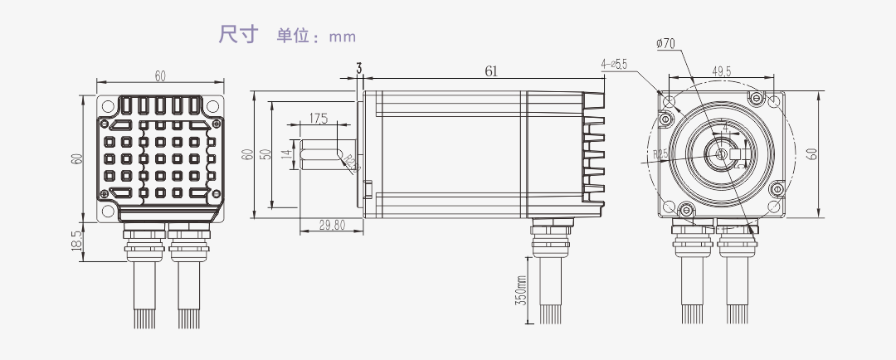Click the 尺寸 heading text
click(x=239, y=35)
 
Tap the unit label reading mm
click(x=342, y=36)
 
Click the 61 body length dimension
click(x=491, y=72)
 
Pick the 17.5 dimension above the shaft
click(x=319, y=119)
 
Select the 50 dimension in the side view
click(x=265, y=154)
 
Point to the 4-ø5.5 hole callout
click(x=615, y=64)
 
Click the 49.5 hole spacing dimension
click(x=721, y=72)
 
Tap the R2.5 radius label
click(x=660, y=153)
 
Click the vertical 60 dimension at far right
click(x=812, y=153)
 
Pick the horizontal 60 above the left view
click(x=160, y=76)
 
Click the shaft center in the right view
click(x=721, y=154)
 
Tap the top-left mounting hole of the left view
click(x=106, y=105)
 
